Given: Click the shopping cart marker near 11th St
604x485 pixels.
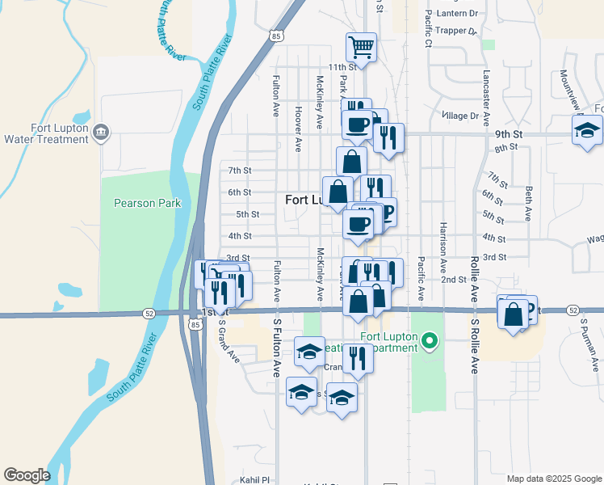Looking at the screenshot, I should click(361, 46).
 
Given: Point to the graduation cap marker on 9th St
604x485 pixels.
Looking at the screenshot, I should click(587, 130).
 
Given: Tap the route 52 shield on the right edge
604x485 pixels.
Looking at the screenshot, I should click(573, 310).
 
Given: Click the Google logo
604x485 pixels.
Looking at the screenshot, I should click(27, 475).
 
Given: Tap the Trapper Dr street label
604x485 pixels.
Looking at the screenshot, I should click(456, 31).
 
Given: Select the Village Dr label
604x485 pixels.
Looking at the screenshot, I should click(461, 116).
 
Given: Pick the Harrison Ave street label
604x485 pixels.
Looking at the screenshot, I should click(443, 246).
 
